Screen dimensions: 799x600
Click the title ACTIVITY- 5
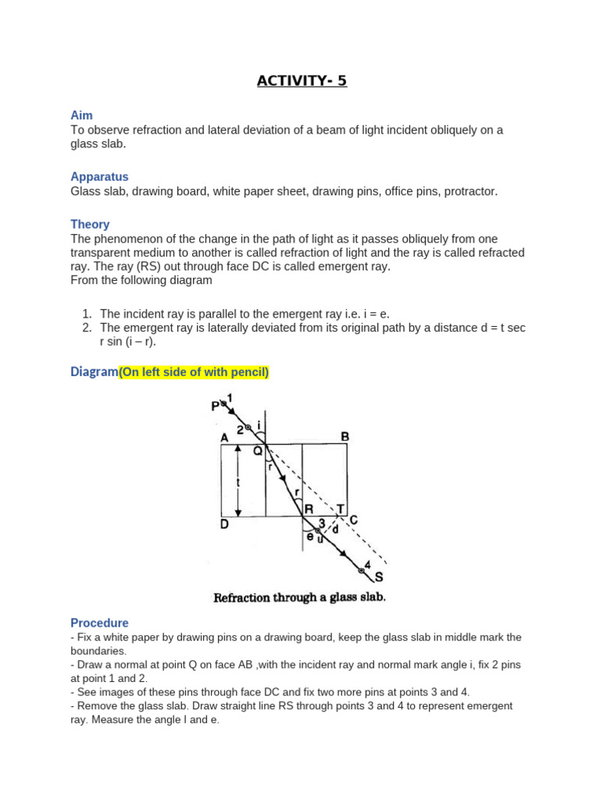coord(302,80)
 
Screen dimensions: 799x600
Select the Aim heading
coord(81,115)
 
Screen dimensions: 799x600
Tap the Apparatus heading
coord(99,176)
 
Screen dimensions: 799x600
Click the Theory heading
coord(90,224)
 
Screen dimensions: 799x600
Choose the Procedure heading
coord(99,623)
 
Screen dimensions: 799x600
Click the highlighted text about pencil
coord(194,373)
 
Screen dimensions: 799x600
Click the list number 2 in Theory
coord(87,328)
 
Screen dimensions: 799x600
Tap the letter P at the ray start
coord(215,406)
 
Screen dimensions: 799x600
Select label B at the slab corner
coord(345,436)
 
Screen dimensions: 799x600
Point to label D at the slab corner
coord(224,524)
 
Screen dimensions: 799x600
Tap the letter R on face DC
coord(309,509)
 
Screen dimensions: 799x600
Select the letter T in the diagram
coord(341,508)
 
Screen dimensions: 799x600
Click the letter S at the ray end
coord(379,578)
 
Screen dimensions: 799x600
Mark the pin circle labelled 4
coord(361,571)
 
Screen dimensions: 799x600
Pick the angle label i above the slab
coord(259,425)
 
